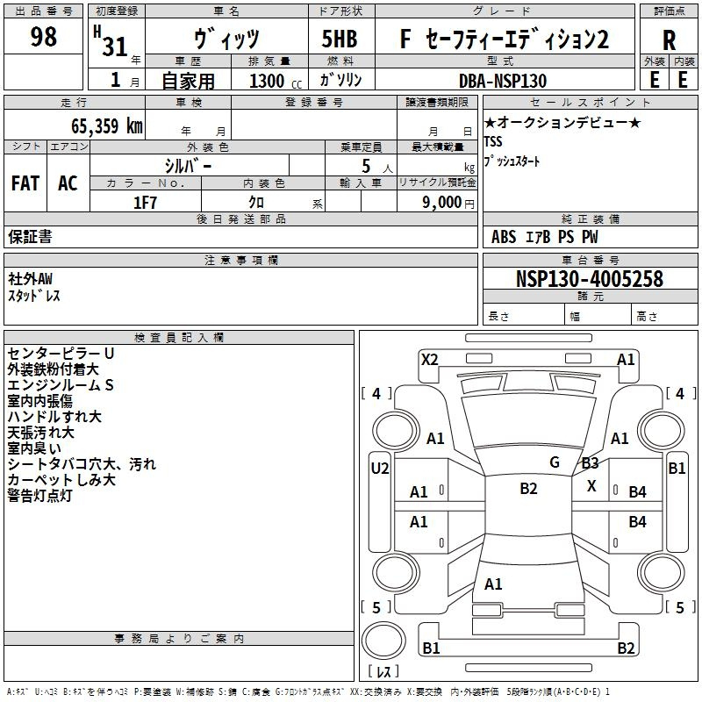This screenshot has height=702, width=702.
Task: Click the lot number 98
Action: pos(43,38)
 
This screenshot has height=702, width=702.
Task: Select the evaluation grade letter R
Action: pos(669,39)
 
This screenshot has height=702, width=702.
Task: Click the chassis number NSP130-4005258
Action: pos(590,280)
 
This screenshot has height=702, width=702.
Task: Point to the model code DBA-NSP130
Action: pos(504,80)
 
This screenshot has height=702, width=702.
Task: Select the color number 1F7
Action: pos(145,202)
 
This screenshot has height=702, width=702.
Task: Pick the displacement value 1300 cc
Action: pos(272,81)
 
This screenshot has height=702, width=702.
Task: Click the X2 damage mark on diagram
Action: pos(429,359)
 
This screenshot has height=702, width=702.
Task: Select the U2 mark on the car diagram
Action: pos(379,468)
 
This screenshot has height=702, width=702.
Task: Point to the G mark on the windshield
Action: pos(555,462)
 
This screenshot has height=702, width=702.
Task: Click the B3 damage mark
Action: pos(591,463)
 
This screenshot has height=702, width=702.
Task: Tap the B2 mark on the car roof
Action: pos(528,489)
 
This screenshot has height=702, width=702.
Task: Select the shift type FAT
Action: pos(25,183)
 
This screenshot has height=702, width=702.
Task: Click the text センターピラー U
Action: pos(61,353)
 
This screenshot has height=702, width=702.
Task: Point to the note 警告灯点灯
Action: pos(52,496)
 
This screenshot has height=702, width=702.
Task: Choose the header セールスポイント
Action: pos(568,102)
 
